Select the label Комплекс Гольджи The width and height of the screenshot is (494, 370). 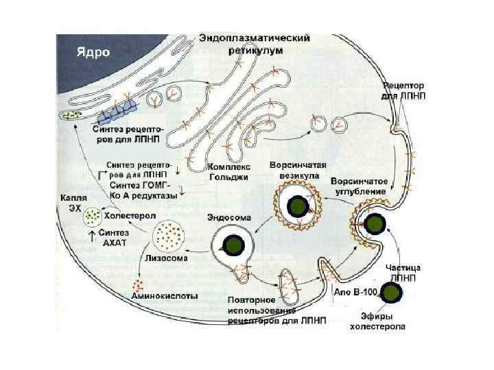tap(228, 171)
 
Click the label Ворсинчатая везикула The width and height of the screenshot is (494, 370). tap(297, 171)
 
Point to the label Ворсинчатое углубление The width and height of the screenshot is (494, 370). tap(359, 187)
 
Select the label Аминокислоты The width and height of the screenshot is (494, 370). tap(165, 297)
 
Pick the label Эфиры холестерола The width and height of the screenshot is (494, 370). tap(377, 321)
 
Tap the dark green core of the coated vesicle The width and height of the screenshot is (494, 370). tap(298, 207)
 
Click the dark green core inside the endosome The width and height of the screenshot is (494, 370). tap(231, 245)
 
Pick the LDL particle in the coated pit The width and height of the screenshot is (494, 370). tap(375, 223)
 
